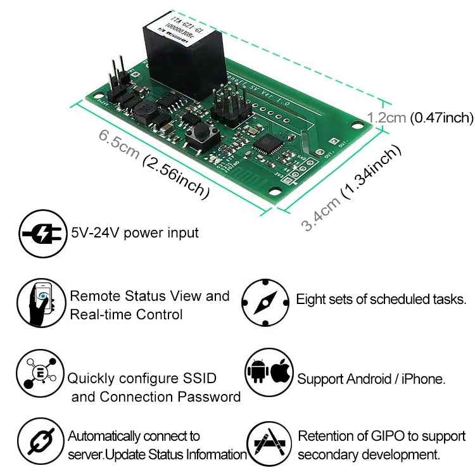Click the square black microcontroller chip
[266, 143]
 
